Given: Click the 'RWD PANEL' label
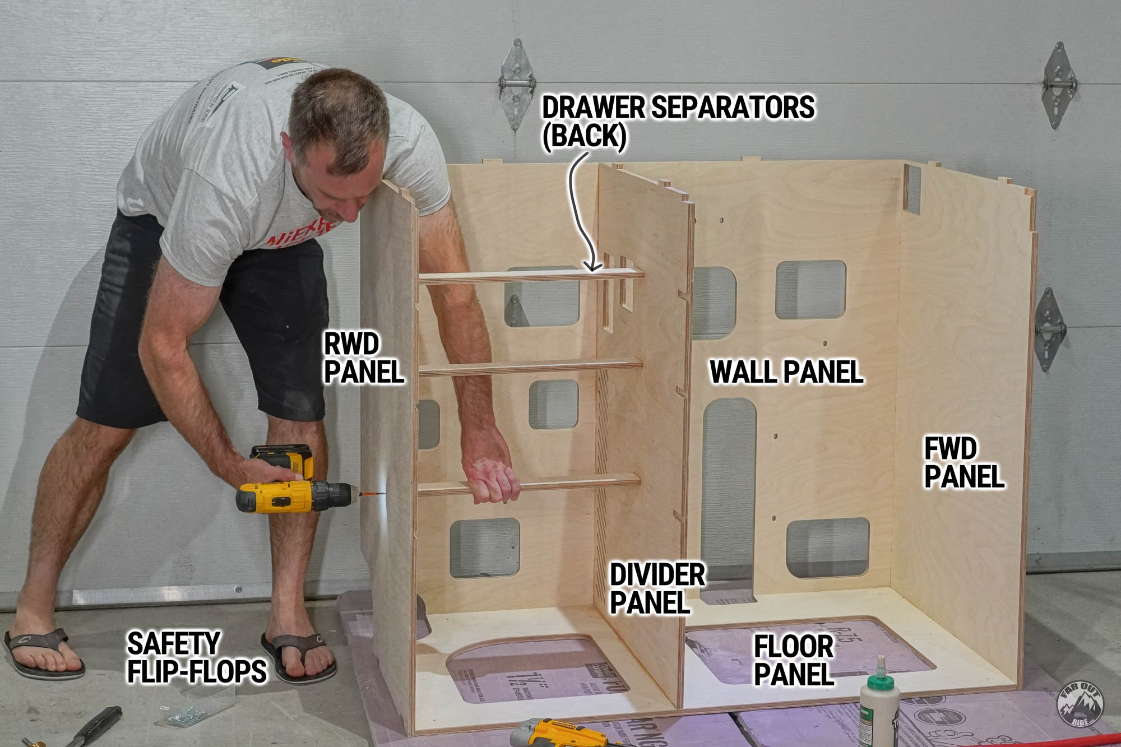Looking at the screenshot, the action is click(363, 359).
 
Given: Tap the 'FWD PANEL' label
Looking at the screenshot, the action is click(963, 463).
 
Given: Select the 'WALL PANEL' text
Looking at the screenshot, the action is click(786, 372).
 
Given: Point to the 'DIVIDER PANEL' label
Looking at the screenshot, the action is click(656, 589).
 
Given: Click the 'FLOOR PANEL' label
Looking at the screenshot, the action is click(793, 660).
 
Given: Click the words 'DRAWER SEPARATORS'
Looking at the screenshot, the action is click(677, 108).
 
